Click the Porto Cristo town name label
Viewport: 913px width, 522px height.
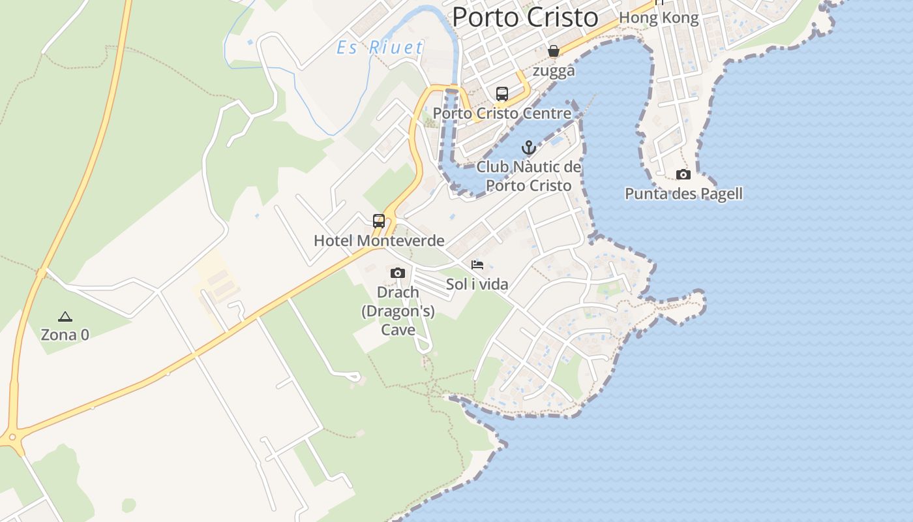pos(525,17)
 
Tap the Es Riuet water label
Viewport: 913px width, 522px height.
pos(380,47)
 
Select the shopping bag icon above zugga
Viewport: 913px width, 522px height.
pos(554,51)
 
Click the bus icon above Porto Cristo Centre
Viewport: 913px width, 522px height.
pos(501,94)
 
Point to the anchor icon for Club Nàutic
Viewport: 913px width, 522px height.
pos(529,147)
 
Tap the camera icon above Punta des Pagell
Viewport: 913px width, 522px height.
pos(683,174)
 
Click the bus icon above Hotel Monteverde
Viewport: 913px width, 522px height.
pos(379,221)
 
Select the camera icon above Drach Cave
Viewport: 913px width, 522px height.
pos(398,273)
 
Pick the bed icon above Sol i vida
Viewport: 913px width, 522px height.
pos(477,265)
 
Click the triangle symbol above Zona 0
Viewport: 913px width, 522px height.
pos(65,317)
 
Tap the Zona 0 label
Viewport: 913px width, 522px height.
pos(65,335)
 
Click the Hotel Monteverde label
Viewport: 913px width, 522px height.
pos(379,240)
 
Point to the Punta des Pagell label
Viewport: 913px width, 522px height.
pos(683,194)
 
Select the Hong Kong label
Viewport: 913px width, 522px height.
pos(659,18)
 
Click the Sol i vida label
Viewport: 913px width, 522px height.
pos(477,284)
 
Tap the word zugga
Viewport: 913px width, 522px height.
pos(554,70)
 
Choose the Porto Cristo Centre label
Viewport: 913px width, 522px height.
pos(501,114)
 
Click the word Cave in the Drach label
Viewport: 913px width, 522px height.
pos(398,330)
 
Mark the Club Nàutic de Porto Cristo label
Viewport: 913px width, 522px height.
pos(529,176)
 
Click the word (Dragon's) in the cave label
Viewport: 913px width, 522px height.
pos(398,311)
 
